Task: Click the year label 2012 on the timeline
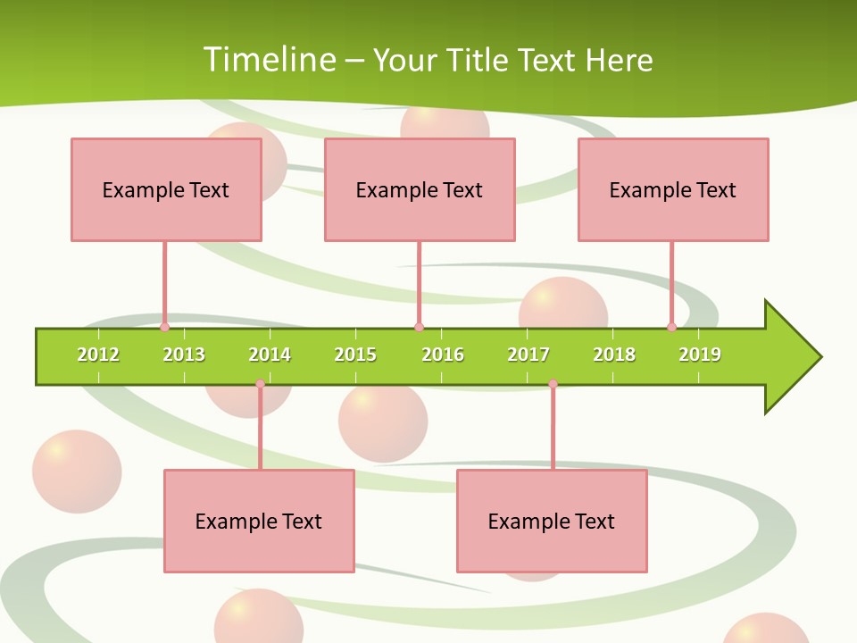pos(98,355)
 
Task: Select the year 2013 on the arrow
pos(184,355)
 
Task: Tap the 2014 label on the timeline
pos(270,355)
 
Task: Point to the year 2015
pos(355,355)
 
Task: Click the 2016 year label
pos(443,355)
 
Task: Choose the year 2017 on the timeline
pos(528,355)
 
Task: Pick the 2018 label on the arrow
pos(614,355)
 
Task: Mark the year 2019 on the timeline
pos(700,355)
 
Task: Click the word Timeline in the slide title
pos(269,60)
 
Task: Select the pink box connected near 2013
pos(166,189)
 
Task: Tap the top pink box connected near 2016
pos(420,189)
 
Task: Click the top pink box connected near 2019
pos(673,189)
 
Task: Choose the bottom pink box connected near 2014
pos(259,521)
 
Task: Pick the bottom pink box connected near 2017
pos(552,521)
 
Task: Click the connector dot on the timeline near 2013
pos(165,327)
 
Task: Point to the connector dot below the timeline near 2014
pos(260,384)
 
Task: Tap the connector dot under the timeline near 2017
pos(553,384)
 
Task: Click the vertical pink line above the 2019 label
pos(672,281)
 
